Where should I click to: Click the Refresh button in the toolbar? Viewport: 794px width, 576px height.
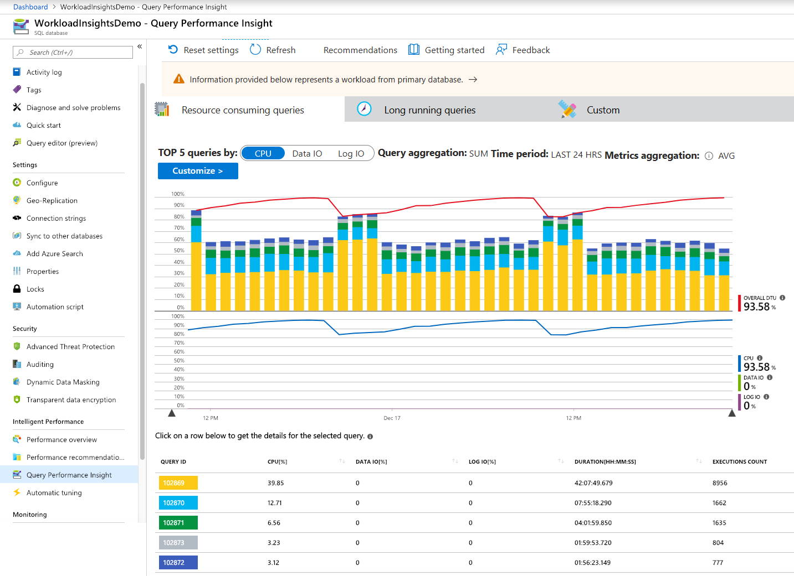(273, 50)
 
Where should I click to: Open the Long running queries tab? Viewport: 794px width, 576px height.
(429, 110)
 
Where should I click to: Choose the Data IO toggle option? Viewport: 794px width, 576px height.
(307, 154)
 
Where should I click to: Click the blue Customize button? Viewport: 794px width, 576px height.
(198, 171)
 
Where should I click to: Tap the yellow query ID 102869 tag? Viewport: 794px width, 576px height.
(178, 483)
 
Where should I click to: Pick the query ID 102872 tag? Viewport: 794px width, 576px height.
(178, 563)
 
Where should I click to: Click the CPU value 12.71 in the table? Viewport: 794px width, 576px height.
(275, 503)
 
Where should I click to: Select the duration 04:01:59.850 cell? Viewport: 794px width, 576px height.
(593, 523)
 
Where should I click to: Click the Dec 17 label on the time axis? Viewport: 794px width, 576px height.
(392, 418)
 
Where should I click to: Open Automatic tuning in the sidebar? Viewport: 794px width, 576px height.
(54, 493)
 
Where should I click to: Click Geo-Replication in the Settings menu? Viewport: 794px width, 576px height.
(52, 201)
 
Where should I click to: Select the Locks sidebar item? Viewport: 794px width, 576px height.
(35, 289)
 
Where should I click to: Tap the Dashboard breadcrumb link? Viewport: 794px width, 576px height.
(30, 7)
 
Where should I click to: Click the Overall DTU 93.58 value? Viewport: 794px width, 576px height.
(757, 307)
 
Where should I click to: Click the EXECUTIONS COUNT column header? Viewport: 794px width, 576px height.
(739, 462)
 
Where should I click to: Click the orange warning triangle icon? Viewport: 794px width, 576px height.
(178, 79)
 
